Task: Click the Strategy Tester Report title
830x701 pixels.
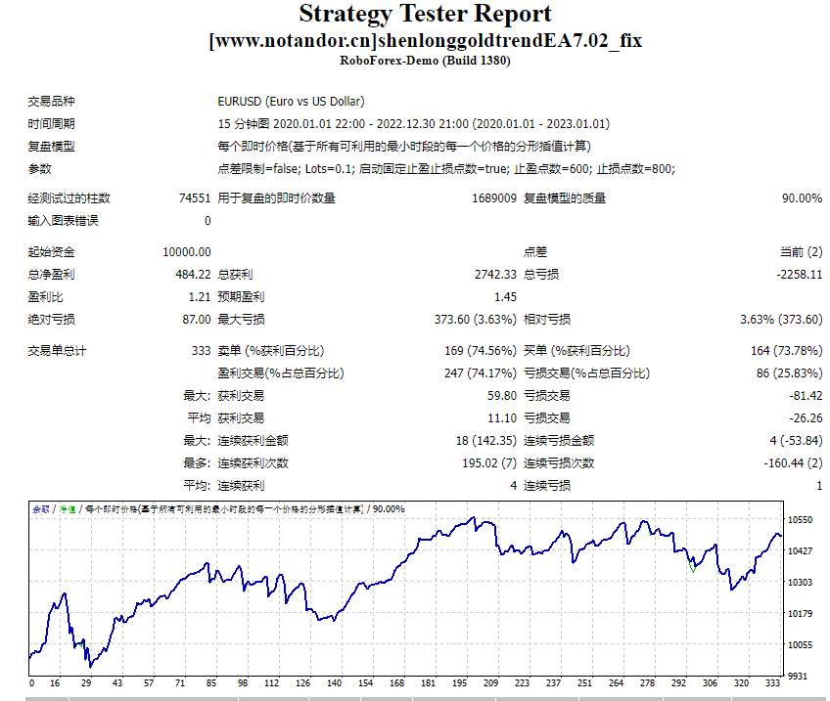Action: click(x=425, y=15)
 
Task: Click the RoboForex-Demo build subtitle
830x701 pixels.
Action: click(x=425, y=61)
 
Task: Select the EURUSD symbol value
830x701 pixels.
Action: click(x=292, y=102)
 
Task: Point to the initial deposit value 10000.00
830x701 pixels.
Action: click(x=187, y=252)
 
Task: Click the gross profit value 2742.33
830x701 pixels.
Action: click(x=494, y=275)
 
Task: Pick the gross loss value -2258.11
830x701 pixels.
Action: click(x=799, y=275)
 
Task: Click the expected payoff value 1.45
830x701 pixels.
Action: click(x=505, y=297)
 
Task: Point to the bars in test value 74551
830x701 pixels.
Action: click(x=194, y=198)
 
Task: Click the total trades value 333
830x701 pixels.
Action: click(x=201, y=351)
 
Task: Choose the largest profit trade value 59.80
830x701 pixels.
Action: click(x=501, y=396)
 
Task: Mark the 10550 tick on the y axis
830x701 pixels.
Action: click(x=801, y=520)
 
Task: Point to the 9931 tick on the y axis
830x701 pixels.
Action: click(x=799, y=676)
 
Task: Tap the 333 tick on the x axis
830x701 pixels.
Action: click(x=773, y=683)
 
